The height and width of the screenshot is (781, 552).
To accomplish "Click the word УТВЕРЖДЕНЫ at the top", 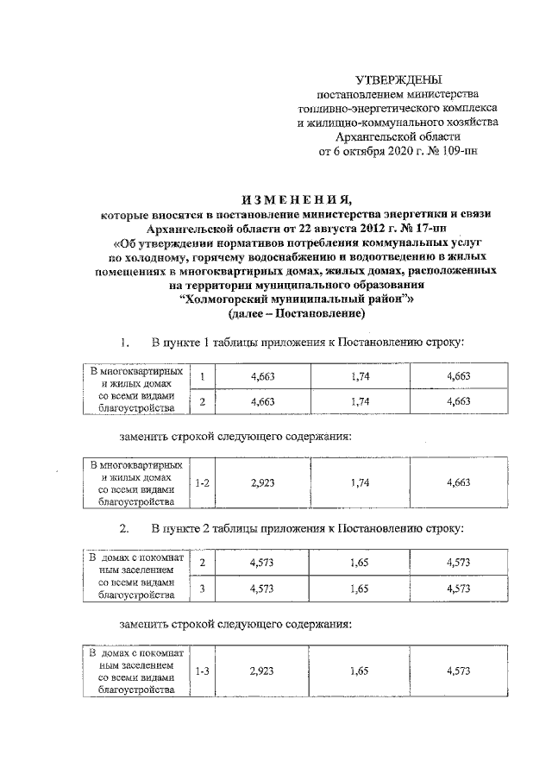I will [x=398, y=79].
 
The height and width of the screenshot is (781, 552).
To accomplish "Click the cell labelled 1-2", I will [x=201, y=483].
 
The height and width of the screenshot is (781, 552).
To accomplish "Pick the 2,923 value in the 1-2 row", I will [x=262, y=483].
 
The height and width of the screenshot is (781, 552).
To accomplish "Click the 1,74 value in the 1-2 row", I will [x=361, y=483].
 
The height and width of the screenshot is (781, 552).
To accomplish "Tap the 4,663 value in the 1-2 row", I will [x=458, y=483].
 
